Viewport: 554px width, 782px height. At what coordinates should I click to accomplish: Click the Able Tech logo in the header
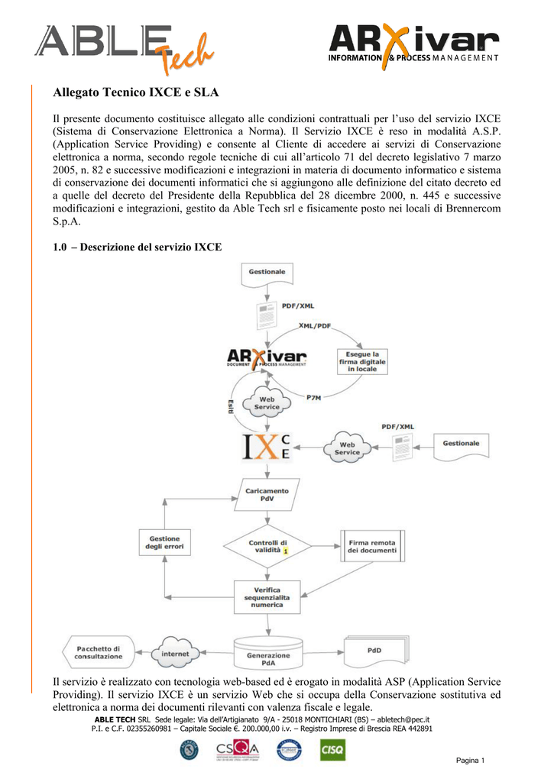(123, 47)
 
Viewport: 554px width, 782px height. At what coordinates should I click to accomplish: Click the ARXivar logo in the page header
(413, 44)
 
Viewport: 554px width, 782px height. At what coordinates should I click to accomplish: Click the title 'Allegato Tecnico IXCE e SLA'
(136, 93)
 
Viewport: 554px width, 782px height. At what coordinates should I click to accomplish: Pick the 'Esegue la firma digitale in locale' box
(362, 361)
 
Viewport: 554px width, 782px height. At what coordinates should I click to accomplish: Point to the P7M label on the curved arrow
(313, 397)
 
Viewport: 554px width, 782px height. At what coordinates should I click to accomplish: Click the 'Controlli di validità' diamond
(267, 546)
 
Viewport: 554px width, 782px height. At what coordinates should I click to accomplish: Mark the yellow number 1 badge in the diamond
(285, 550)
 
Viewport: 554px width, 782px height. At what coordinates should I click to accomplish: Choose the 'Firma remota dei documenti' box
(371, 546)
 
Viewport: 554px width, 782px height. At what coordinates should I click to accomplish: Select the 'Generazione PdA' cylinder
(268, 654)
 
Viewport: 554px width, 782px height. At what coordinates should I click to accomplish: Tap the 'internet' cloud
(175, 654)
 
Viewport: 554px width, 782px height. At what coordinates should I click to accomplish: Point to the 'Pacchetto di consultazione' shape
(98, 652)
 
